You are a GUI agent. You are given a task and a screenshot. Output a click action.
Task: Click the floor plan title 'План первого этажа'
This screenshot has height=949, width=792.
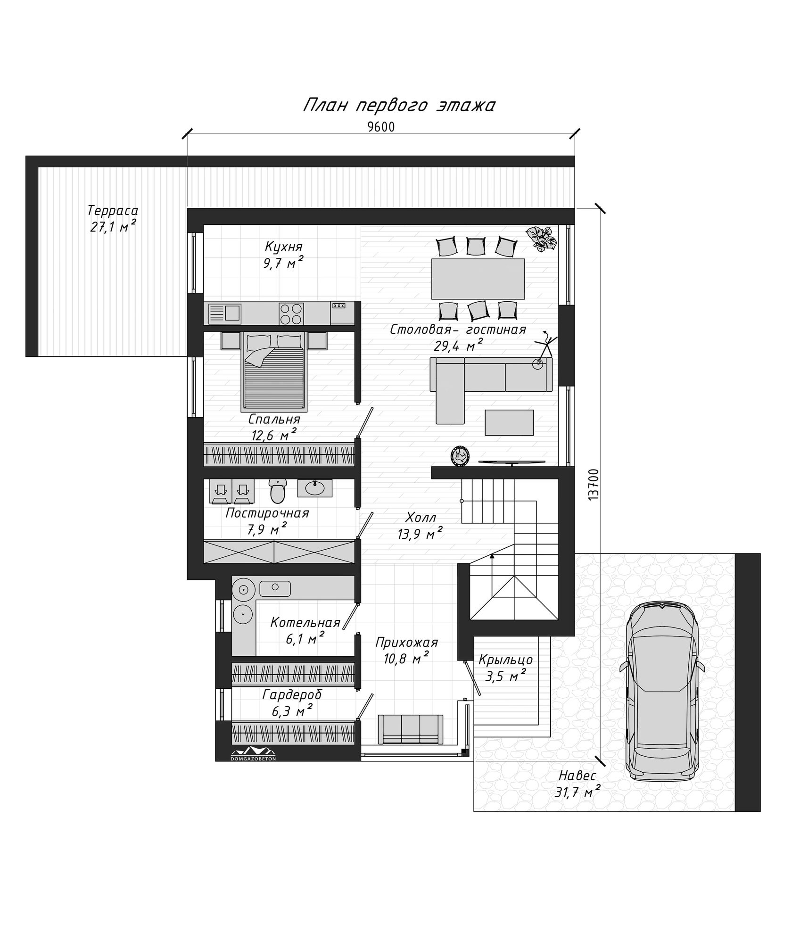(398, 106)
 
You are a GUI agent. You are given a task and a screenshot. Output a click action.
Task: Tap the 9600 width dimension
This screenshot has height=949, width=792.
(380, 127)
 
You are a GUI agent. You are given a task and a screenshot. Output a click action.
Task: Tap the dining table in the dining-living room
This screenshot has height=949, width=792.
(478, 278)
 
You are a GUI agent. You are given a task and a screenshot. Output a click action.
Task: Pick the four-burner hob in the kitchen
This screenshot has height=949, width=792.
(291, 313)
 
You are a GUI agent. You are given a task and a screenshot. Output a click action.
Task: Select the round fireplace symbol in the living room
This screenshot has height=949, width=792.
(460, 456)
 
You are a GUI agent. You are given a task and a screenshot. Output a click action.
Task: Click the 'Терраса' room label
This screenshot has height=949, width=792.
(113, 210)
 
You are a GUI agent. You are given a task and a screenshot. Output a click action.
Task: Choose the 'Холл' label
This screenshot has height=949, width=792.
(421, 518)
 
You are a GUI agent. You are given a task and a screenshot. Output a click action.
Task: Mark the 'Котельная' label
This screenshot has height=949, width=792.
(305, 623)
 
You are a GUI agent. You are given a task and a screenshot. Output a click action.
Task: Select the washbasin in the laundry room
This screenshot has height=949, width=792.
(314, 488)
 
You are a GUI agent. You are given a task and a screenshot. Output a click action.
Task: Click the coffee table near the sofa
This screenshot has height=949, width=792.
(509, 422)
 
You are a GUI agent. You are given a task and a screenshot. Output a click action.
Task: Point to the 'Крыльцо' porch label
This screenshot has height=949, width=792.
(505, 659)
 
